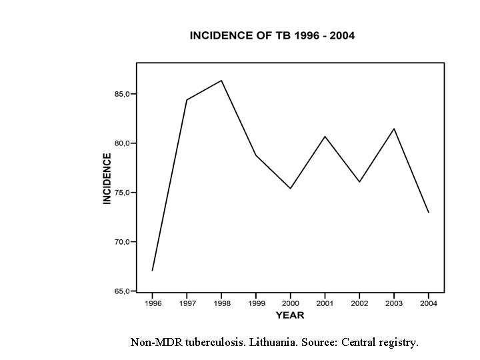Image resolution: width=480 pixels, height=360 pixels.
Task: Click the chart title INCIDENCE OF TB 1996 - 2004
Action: click(x=273, y=35)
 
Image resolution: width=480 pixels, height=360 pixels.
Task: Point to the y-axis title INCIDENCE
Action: click(x=107, y=178)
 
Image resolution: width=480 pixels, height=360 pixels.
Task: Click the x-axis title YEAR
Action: click(x=290, y=315)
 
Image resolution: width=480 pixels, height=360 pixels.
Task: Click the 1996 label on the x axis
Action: click(x=152, y=303)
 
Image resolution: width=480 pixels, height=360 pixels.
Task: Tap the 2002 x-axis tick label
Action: click(x=359, y=303)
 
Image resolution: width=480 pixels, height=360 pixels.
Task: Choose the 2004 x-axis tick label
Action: click(x=429, y=303)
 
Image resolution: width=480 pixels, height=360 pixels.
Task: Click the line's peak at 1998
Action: click(x=221, y=81)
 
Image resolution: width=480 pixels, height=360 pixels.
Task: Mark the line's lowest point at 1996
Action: click(x=152, y=271)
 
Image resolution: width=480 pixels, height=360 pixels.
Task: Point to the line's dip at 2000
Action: click(x=290, y=189)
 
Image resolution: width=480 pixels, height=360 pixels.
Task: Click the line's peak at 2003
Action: click(x=394, y=129)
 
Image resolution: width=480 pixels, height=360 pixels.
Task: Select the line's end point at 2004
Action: click(x=429, y=213)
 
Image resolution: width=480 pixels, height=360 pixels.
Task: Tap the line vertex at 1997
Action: click(x=187, y=100)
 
